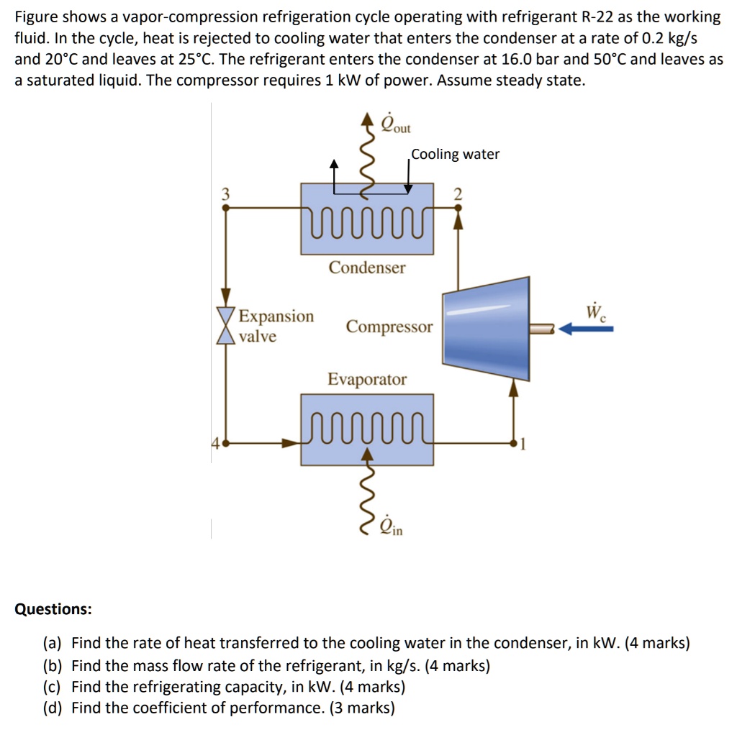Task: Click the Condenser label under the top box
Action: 367,268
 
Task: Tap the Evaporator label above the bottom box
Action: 367,379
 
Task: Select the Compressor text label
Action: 389,327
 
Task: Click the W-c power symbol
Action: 594,312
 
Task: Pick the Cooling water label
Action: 455,154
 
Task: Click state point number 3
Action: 225,193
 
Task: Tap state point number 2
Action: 458,194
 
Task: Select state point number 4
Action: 214,444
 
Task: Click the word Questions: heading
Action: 53,609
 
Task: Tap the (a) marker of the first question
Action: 53,643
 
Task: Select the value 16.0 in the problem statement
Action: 512,59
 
